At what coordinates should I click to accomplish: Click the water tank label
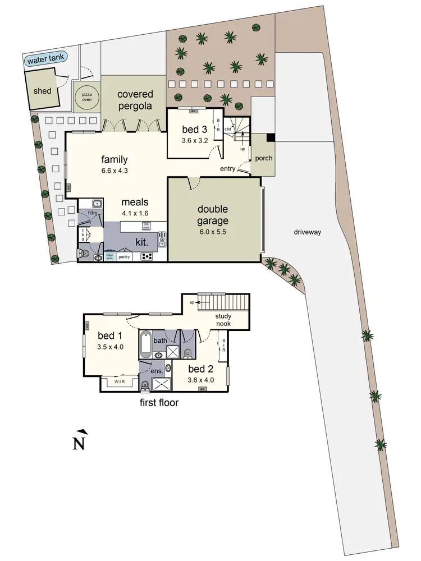pyautogui.click(x=44, y=58)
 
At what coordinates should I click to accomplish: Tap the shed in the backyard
pyautogui.click(x=43, y=90)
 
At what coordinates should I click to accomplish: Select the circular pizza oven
pyautogui.click(x=87, y=98)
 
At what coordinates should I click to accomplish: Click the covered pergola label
pyautogui.click(x=135, y=100)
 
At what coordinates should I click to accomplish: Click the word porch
pyautogui.click(x=263, y=158)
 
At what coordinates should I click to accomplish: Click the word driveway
pyautogui.click(x=306, y=232)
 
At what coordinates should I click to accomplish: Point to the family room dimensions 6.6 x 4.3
pyautogui.click(x=114, y=171)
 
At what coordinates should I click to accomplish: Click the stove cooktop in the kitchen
pyautogui.click(x=148, y=256)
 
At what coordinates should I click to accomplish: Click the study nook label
pyautogui.click(x=223, y=320)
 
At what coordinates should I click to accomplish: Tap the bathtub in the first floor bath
pyautogui.click(x=145, y=344)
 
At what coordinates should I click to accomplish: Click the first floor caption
pyautogui.click(x=159, y=403)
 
